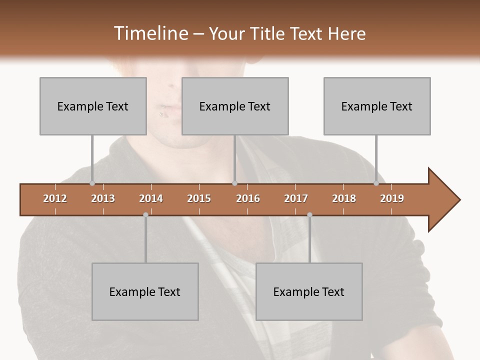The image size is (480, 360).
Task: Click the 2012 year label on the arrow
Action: (55, 198)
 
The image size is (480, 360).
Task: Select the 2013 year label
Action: (103, 198)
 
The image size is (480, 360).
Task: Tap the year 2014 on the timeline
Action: (151, 198)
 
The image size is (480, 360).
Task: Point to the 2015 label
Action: (199, 198)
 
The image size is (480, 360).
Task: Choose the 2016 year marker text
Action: (248, 198)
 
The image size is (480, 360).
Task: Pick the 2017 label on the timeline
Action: (296, 198)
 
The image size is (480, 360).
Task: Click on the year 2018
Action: (344, 198)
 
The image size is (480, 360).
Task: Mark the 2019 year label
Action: (392, 198)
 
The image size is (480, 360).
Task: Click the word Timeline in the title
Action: (149, 33)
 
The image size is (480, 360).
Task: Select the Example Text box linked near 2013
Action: (93, 106)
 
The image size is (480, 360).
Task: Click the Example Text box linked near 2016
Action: (235, 106)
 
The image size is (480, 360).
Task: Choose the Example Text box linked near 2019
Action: (377, 106)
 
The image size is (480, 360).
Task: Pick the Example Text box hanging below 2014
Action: (145, 291)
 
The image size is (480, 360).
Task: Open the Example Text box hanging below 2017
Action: (309, 291)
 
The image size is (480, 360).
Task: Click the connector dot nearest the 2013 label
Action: (92, 183)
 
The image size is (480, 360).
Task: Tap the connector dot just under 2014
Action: (145, 215)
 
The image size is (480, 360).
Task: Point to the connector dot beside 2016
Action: (235, 183)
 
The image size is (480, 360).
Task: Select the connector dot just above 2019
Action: (376, 183)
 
